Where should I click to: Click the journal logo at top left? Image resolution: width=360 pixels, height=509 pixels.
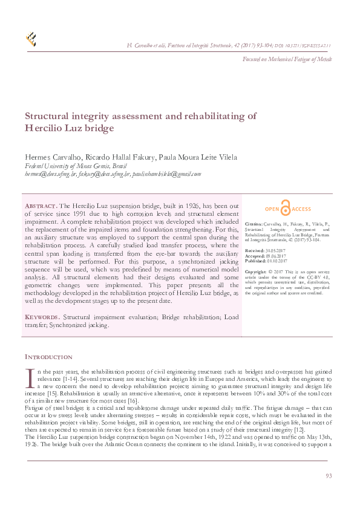(31, 39)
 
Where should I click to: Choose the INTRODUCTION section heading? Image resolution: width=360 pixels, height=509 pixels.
(48, 357)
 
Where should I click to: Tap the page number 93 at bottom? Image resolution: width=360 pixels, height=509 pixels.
(329, 476)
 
